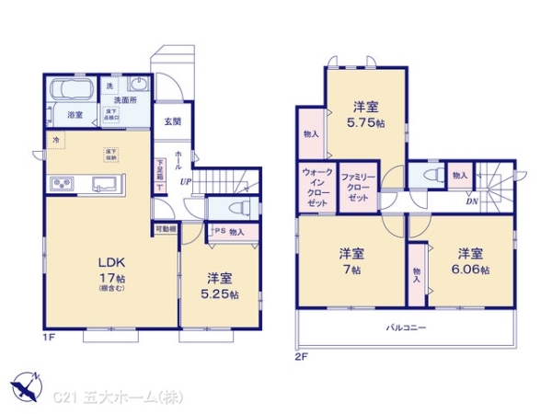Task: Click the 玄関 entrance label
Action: [x=173, y=121]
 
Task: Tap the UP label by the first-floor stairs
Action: [x=185, y=181]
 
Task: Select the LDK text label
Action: [x=111, y=261]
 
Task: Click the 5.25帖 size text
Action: [x=222, y=294]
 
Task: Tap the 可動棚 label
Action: [x=166, y=227]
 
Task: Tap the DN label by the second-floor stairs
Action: [x=471, y=201]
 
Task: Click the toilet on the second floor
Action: [x=424, y=174]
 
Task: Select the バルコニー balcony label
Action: [x=405, y=328]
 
